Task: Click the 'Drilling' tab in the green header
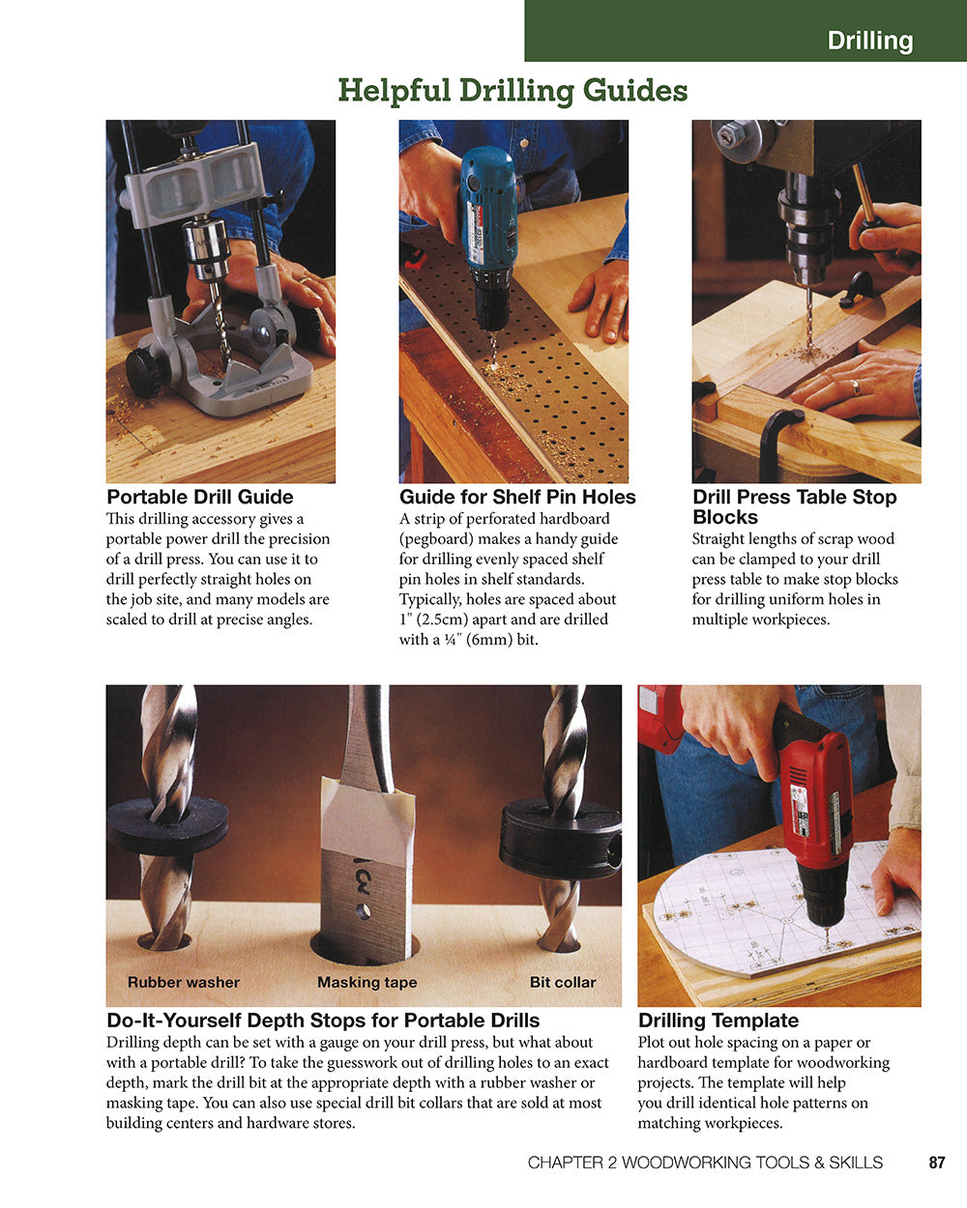(x=869, y=41)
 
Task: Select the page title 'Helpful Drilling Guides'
(x=513, y=91)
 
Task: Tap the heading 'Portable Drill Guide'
(x=199, y=497)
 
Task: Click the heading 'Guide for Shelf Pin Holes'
(x=517, y=497)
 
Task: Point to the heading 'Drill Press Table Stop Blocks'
(x=794, y=506)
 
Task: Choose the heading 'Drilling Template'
(x=718, y=1021)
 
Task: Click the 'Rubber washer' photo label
(x=183, y=982)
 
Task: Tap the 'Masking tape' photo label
(x=366, y=982)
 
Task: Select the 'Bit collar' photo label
(x=562, y=982)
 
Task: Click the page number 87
(x=936, y=1163)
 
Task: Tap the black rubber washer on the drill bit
(x=166, y=824)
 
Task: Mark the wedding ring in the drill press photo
(x=854, y=387)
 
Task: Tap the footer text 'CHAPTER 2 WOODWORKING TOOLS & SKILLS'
(x=705, y=1163)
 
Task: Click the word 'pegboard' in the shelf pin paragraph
(x=434, y=539)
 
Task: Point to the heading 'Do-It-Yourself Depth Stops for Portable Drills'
(x=323, y=1021)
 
